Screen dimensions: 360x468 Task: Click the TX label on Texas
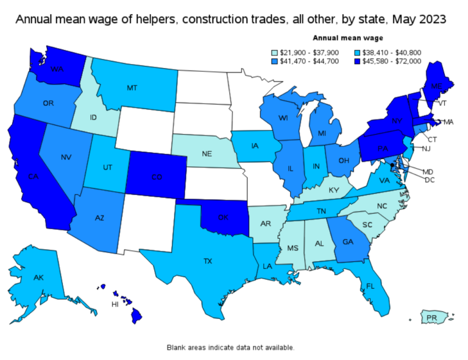pyautogui.click(x=208, y=261)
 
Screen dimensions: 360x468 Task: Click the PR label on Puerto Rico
pyautogui.click(x=431, y=317)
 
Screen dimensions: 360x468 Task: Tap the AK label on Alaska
pyautogui.click(x=39, y=278)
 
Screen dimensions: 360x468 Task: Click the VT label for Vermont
pyautogui.click(x=444, y=104)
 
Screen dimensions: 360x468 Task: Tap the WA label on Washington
pyautogui.click(x=58, y=69)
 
